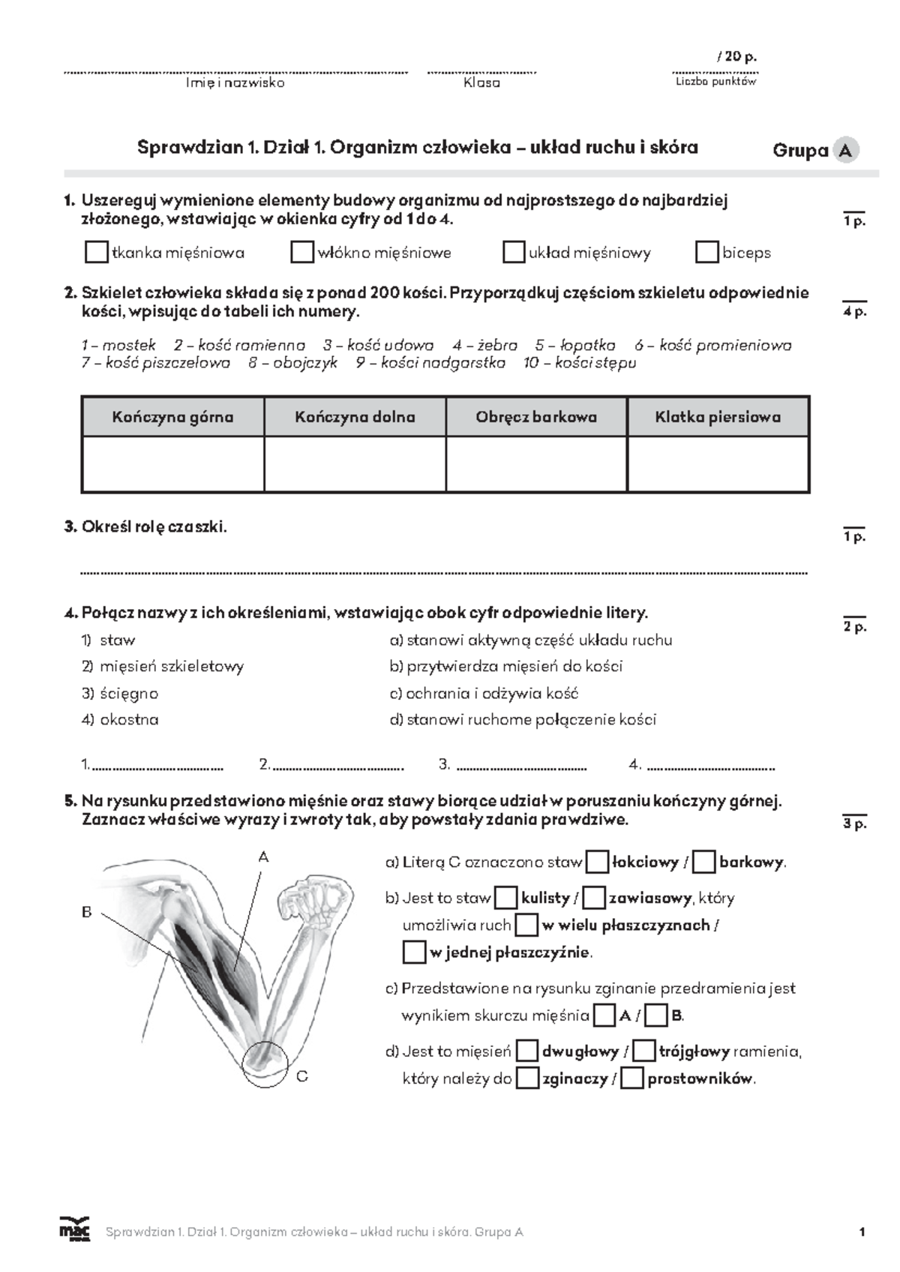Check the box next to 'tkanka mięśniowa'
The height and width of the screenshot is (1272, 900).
(x=96, y=252)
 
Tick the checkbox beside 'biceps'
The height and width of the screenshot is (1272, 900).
(x=706, y=252)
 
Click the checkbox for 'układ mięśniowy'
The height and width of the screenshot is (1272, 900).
(x=513, y=252)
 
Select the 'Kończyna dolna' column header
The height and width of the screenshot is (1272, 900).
(x=355, y=417)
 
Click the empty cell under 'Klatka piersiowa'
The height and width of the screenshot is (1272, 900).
(x=718, y=464)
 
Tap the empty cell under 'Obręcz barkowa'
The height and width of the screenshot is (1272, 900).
(x=536, y=464)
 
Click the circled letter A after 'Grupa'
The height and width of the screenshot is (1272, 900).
(x=845, y=151)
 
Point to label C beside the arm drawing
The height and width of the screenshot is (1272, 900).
(x=302, y=1076)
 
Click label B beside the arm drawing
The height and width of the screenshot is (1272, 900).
(x=86, y=913)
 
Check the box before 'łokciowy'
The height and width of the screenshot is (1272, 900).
(x=597, y=862)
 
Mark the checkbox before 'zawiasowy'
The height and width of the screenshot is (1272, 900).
(x=594, y=898)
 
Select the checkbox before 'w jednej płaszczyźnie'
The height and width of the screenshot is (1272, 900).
(x=414, y=952)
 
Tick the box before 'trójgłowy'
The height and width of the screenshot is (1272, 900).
(x=644, y=1051)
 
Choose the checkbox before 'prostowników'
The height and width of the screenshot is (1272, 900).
(x=633, y=1079)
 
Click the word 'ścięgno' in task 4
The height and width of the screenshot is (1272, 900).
(x=129, y=693)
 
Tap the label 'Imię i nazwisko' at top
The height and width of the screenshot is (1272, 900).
(x=235, y=83)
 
